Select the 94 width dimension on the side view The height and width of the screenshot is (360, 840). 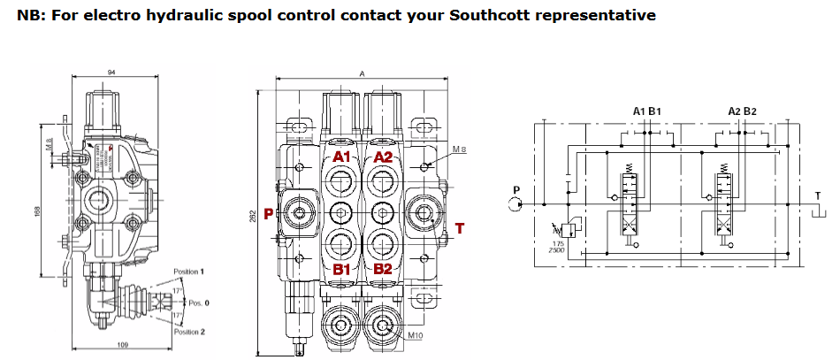tap(112, 72)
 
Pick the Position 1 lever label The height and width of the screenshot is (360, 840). tap(190, 271)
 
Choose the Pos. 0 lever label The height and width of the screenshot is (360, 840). tap(200, 302)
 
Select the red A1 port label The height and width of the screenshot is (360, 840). tap(342, 157)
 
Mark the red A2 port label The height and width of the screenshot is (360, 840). tap(383, 157)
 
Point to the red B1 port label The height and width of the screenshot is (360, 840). tap(342, 268)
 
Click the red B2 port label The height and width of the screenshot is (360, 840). tap(383, 268)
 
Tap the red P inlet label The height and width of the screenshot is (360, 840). tap(269, 212)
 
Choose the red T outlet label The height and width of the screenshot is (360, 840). tap(459, 228)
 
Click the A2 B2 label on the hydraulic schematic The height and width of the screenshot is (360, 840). tap(741, 111)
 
